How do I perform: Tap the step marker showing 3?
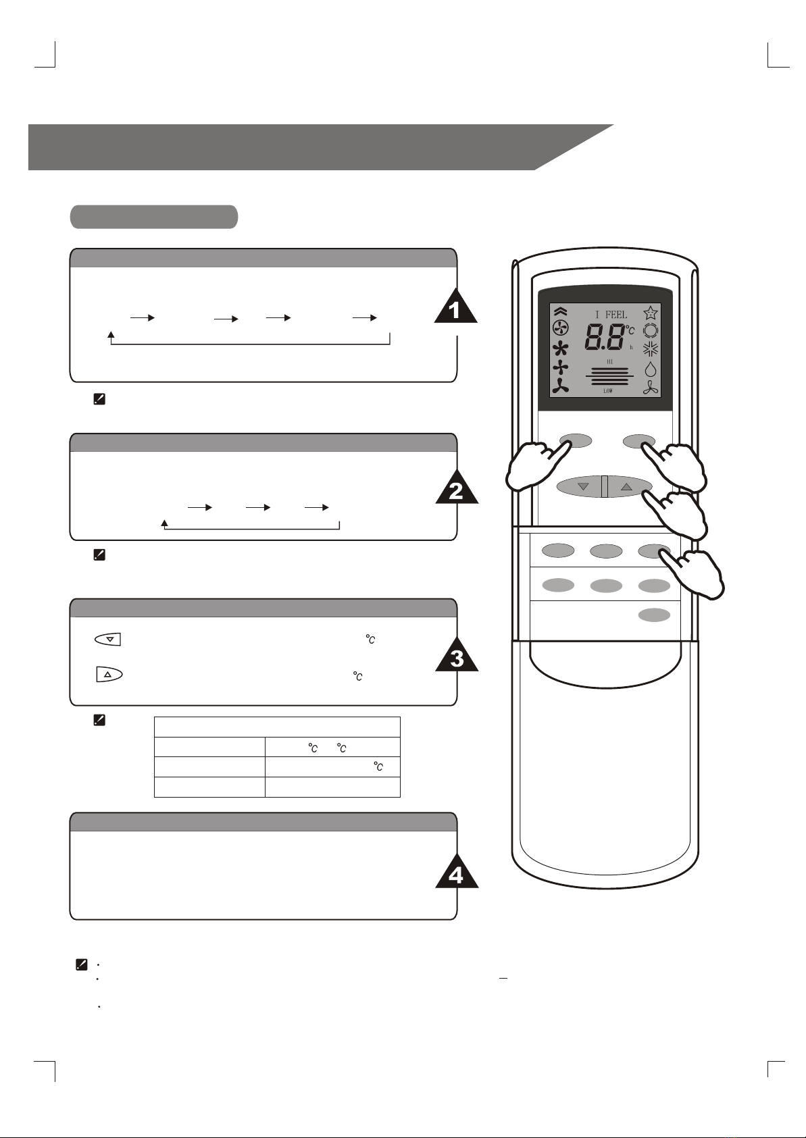coord(456,657)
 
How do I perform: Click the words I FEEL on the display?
coord(611,315)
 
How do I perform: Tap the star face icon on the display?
coord(651,313)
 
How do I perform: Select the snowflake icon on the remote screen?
coord(651,350)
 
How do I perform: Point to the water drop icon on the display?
coord(651,369)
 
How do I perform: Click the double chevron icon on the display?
coord(561,312)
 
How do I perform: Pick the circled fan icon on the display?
coord(561,329)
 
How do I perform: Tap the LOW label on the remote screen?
coord(608,390)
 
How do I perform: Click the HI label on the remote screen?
coord(610,361)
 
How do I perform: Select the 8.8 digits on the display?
coord(604,337)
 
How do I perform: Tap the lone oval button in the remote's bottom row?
coord(654,615)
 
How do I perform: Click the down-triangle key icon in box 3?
coord(107,639)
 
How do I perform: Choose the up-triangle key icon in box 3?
coord(109,675)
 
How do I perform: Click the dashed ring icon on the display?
coord(651,331)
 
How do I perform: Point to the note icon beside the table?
coord(99,720)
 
